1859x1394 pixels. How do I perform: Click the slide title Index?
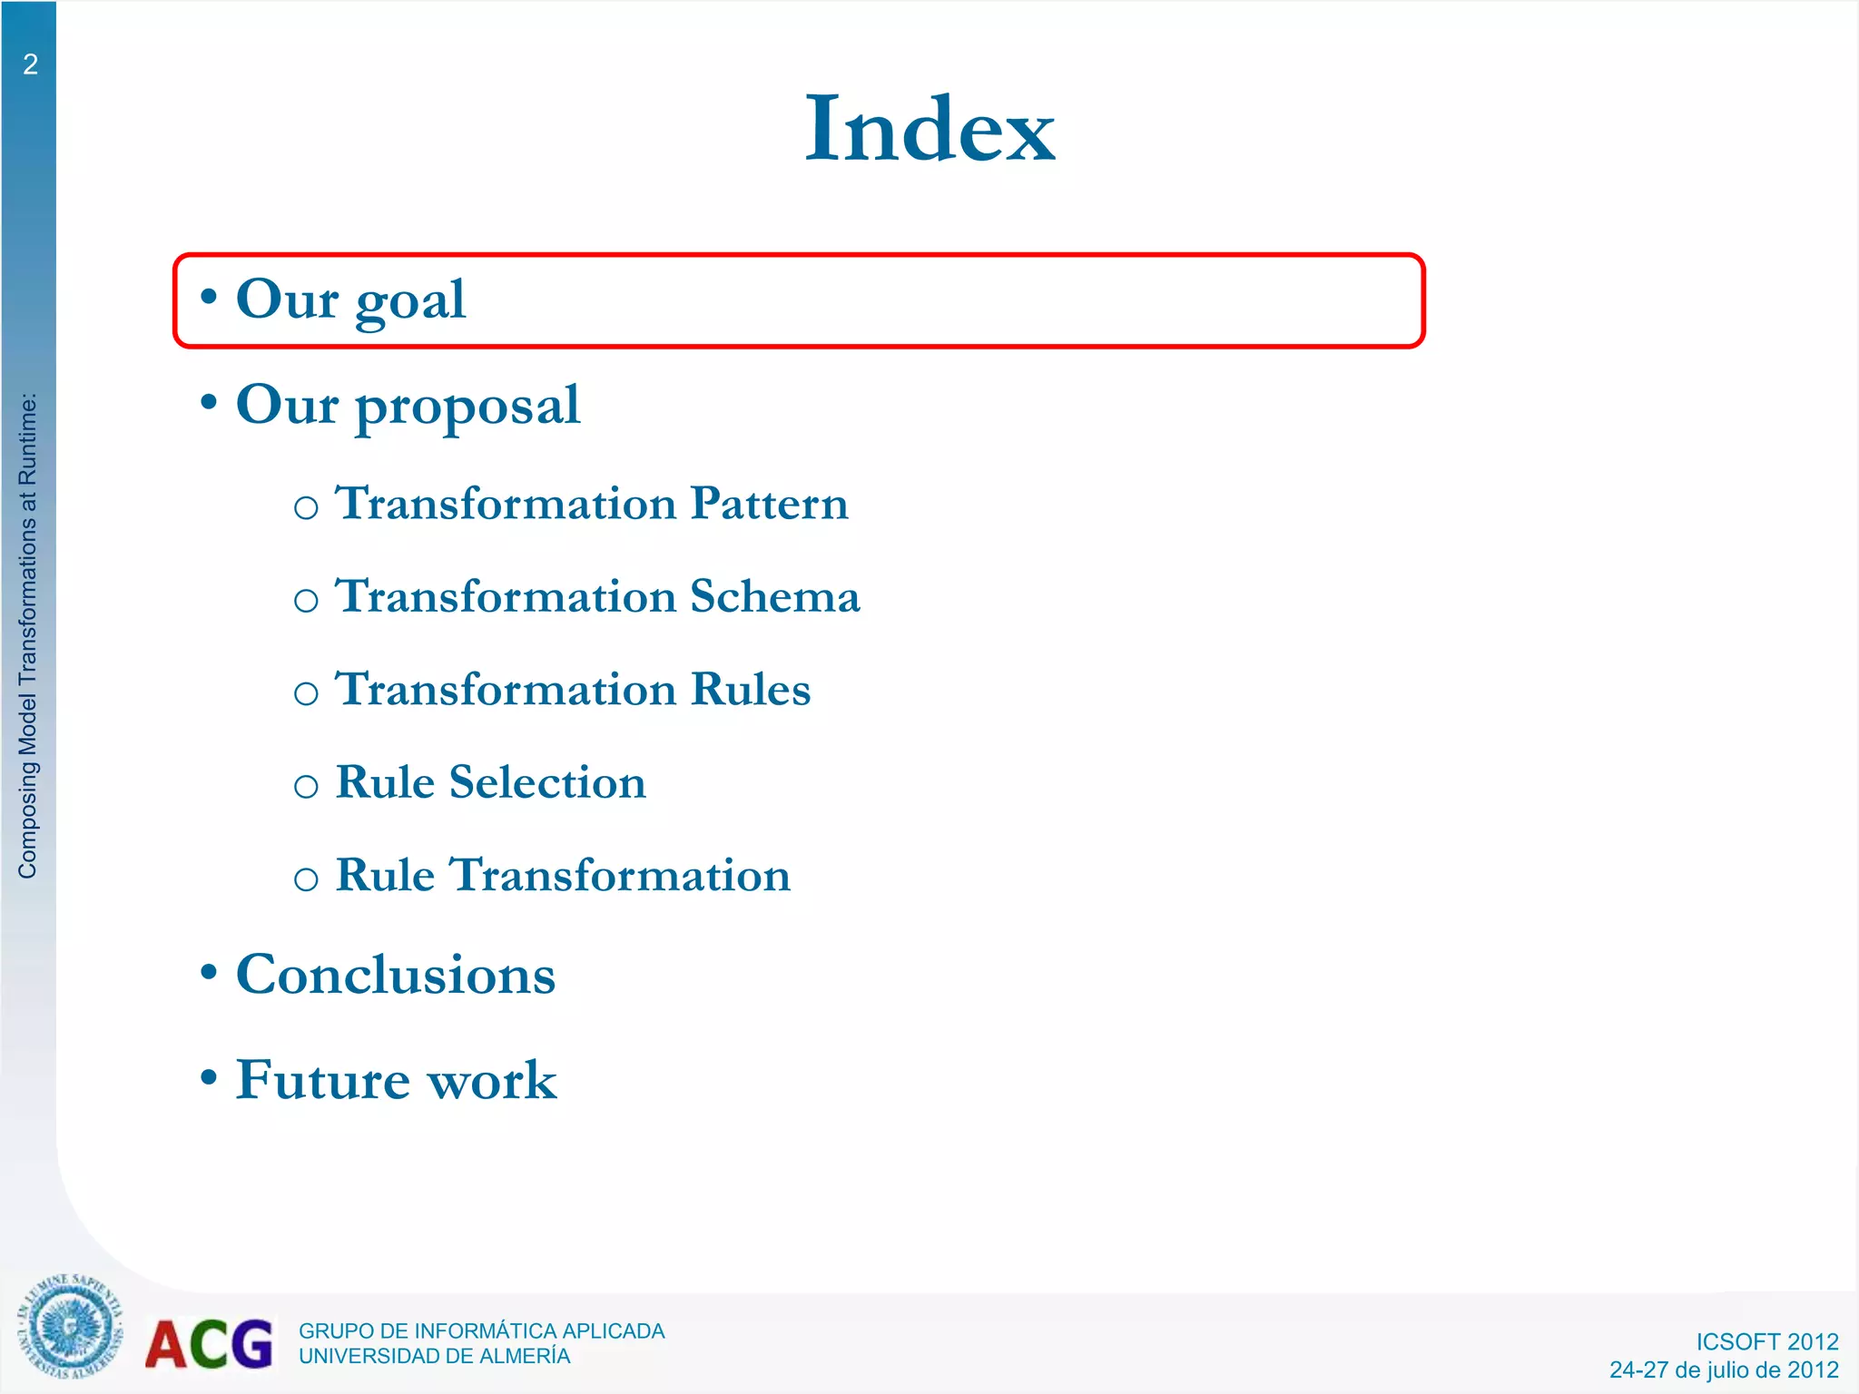929,129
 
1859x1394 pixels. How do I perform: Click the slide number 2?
30,64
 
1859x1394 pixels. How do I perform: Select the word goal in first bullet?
410,301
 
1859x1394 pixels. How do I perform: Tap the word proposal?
467,407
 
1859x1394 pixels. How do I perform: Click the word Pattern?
769,504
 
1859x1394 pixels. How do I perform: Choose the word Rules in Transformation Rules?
750,690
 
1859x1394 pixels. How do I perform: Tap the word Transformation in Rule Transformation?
621,876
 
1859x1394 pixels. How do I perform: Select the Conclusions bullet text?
396,975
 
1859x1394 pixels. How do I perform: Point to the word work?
491,1080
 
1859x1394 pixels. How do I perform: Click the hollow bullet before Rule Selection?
306,786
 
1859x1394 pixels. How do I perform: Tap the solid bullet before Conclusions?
209,972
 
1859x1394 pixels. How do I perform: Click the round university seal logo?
69,1327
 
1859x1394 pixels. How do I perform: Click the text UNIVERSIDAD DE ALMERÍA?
434,1356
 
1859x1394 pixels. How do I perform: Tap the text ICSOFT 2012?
1766,1341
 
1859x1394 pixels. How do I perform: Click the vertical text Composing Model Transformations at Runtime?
28,635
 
